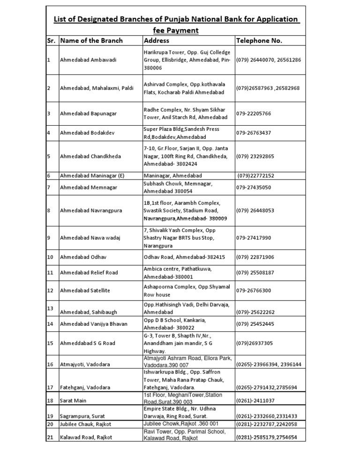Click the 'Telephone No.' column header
point(259,40)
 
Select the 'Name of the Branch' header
point(91,40)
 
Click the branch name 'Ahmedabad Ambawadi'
point(88,60)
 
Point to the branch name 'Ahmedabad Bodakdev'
point(87,133)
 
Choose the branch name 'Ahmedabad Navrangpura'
point(91,210)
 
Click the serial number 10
point(51,257)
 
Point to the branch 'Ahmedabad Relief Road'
point(89,272)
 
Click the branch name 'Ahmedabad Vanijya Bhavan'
point(94,324)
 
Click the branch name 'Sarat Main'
point(74,401)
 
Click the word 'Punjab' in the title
point(173,19)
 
